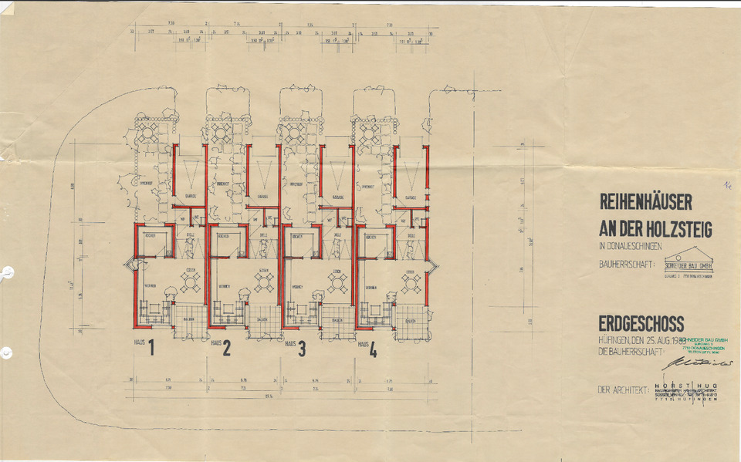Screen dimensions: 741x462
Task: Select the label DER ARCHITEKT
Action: pos(622,390)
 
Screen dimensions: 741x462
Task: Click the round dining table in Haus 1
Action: pos(190,283)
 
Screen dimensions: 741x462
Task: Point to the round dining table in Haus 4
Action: pos(411,283)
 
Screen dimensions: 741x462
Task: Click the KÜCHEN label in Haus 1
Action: pos(150,236)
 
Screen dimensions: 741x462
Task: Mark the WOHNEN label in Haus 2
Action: pos(223,285)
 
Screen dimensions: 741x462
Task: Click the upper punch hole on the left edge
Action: pos(7,271)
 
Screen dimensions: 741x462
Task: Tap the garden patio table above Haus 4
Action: pos(370,134)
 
